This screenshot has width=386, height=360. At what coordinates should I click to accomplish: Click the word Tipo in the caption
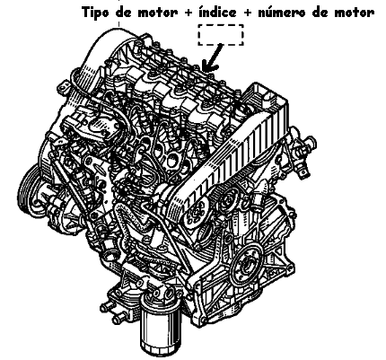(x=95, y=13)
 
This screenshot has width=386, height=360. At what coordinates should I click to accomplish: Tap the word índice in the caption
(x=218, y=13)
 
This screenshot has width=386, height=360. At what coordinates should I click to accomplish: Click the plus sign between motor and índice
(x=189, y=13)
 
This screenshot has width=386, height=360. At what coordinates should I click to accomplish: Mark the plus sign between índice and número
(x=247, y=13)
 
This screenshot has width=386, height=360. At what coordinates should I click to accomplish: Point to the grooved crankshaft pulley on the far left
(x=29, y=189)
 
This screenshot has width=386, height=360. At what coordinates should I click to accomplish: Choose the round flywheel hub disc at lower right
(x=248, y=263)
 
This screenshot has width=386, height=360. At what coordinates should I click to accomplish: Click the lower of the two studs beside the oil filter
(x=119, y=319)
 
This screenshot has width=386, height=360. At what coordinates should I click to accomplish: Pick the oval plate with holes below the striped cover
(x=196, y=214)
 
